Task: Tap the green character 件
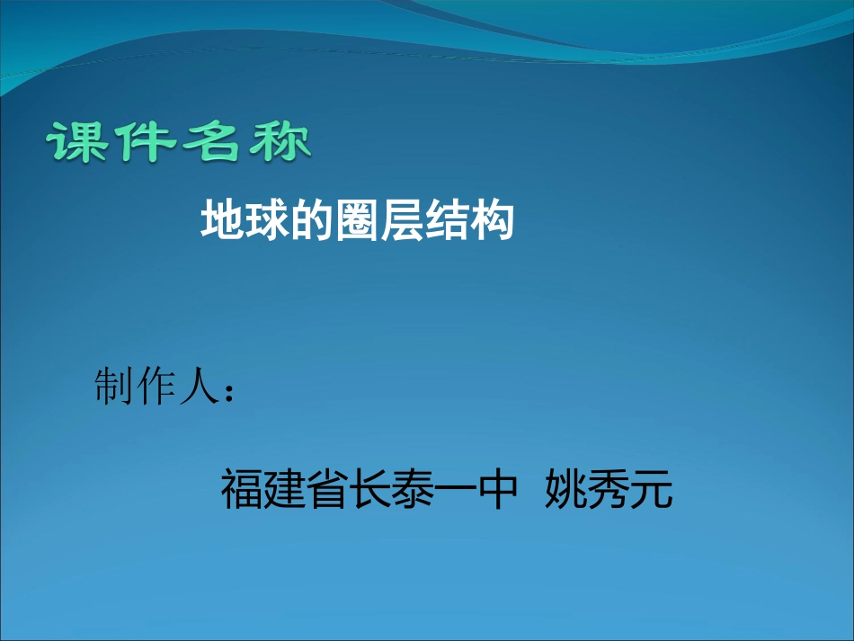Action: (x=146, y=143)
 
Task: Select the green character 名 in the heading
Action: (x=212, y=143)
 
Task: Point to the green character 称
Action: (x=280, y=143)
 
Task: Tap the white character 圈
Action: (x=357, y=221)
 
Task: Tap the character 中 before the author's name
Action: (x=499, y=490)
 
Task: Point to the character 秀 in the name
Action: (x=609, y=490)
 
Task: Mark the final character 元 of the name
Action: (x=652, y=490)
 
